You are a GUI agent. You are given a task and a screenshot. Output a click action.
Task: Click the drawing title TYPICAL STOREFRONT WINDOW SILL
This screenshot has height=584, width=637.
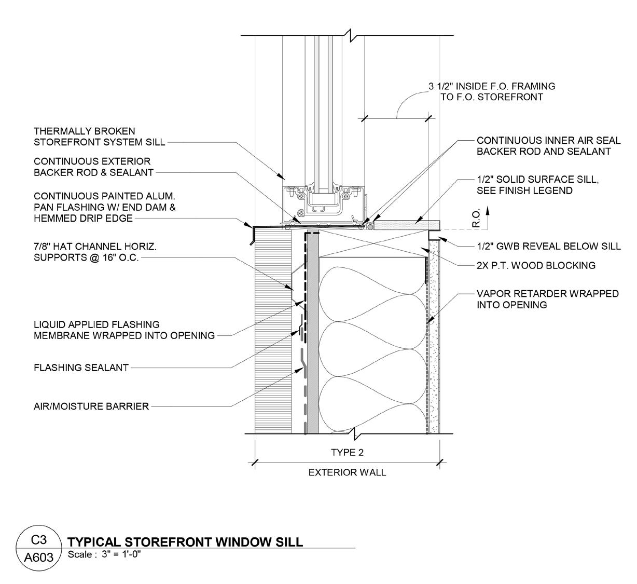[x=185, y=542]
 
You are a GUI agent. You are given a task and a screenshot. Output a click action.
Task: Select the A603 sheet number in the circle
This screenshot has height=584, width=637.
[x=39, y=558]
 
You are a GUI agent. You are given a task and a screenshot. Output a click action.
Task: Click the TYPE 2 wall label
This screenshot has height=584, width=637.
[x=347, y=452]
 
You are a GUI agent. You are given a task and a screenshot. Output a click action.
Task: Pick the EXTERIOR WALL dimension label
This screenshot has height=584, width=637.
[x=347, y=472]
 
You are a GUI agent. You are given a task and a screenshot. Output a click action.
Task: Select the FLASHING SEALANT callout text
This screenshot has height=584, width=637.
[x=81, y=368]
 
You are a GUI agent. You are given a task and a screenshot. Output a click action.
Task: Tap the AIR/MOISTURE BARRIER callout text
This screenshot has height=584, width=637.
[x=91, y=406]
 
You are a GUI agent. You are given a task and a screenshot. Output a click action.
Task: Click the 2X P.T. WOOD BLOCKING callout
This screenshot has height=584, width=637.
[x=536, y=265]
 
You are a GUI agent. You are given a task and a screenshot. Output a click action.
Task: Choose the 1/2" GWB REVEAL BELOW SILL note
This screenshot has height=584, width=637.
[x=549, y=246]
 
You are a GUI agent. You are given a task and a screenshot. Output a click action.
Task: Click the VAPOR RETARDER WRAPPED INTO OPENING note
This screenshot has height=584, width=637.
[x=547, y=299]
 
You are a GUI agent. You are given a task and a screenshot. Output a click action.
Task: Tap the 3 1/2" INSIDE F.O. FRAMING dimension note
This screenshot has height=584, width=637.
[x=491, y=91]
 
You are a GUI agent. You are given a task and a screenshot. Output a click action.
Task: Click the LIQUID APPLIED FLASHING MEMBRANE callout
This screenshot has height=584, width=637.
[x=124, y=330]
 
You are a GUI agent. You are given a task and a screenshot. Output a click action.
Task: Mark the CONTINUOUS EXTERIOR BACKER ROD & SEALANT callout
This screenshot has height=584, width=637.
[x=93, y=167]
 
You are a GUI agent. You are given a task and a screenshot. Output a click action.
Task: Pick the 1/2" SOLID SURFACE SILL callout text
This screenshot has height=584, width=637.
[x=537, y=185]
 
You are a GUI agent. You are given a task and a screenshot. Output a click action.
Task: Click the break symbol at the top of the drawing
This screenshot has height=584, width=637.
[x=353, y=35]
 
